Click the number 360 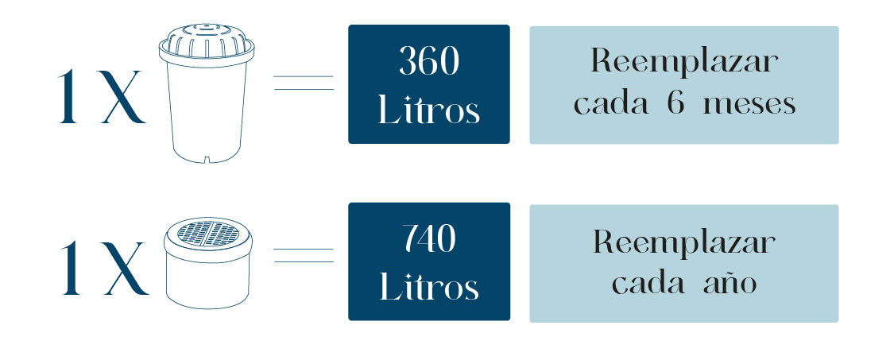(429, 61)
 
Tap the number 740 (429, 238)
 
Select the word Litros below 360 (429, 110)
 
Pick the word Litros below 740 (429, 287)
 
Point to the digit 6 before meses (676, 104)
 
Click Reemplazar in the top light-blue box (683, 62)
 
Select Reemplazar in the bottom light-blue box (683, 242)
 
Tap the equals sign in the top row (304, 83)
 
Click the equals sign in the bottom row (304, 256)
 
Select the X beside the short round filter (123, 269)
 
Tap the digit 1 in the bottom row (72, 269)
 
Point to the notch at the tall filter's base (207, 159)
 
